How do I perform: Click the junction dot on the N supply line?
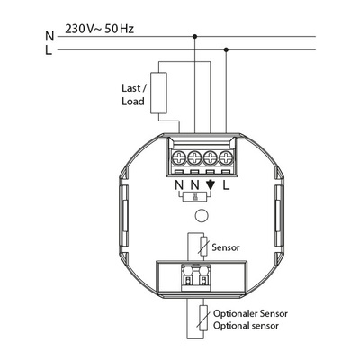[195, 36]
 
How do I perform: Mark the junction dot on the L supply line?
[224, 50]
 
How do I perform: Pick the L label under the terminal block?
[226, 189]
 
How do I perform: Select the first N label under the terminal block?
[179, 189]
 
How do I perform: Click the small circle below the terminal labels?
[203, 216]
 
